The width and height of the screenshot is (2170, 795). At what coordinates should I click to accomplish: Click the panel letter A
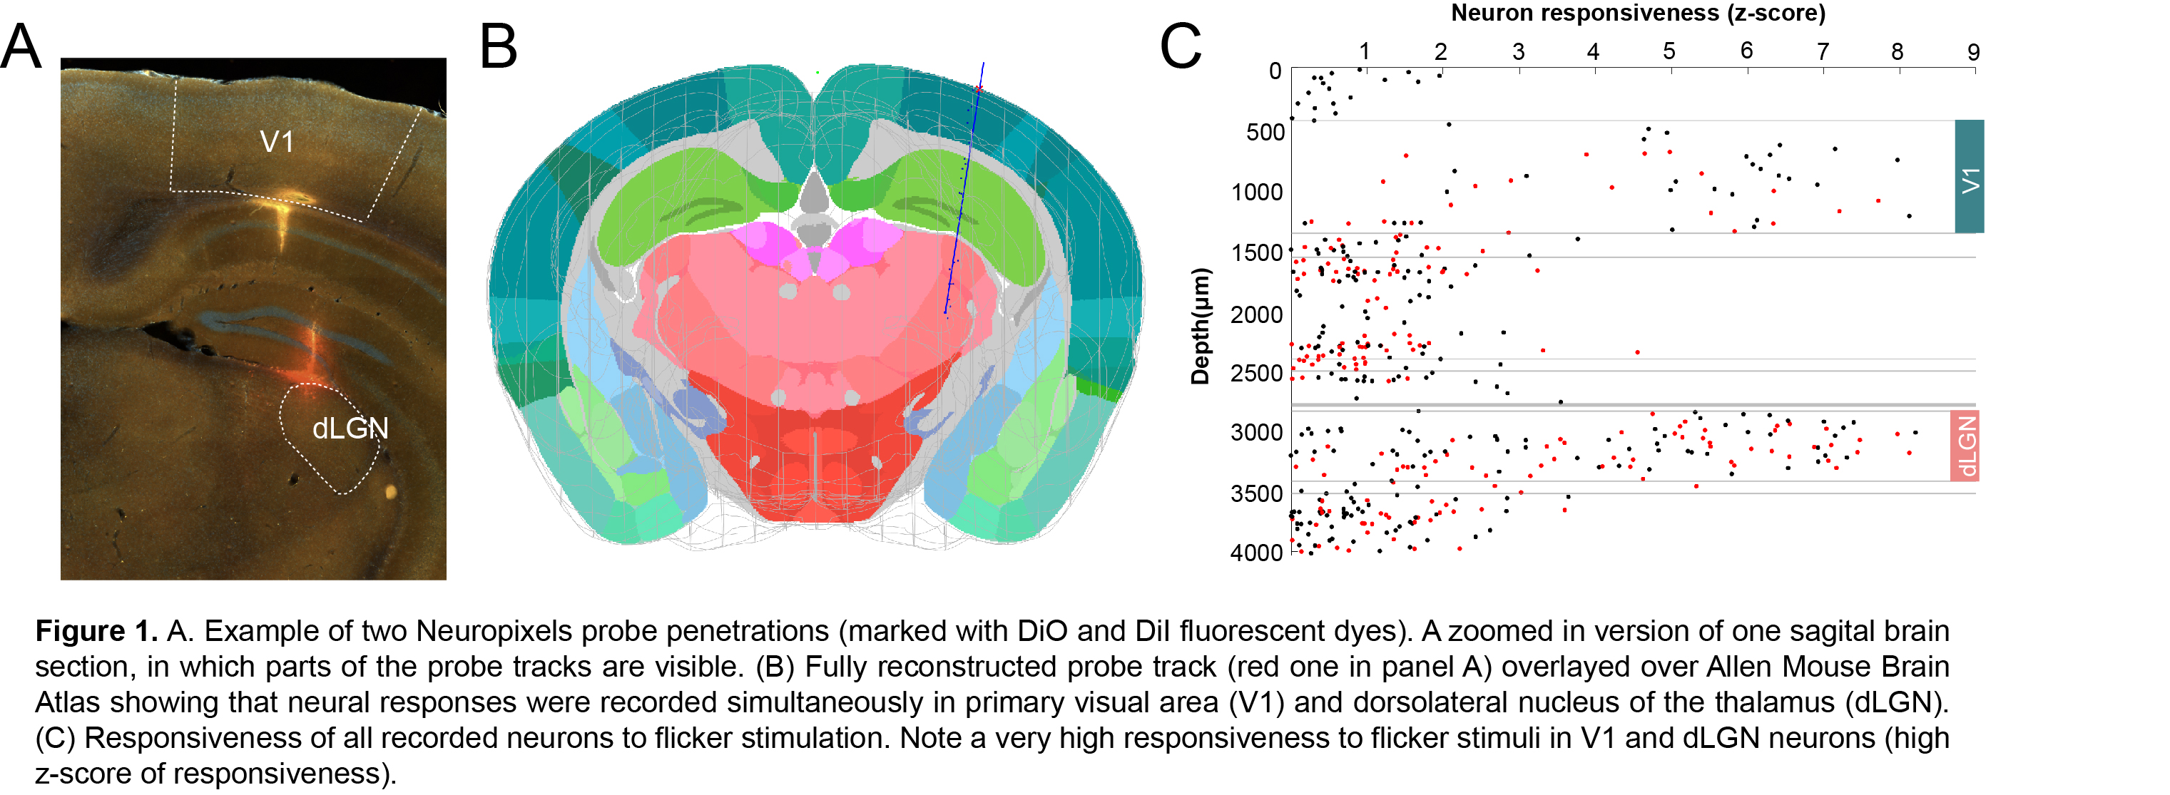[x=21, y=46]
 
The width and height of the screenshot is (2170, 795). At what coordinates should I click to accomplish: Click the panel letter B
[x=498, y=46]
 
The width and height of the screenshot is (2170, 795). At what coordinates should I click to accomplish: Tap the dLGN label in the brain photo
[x=350, y=429]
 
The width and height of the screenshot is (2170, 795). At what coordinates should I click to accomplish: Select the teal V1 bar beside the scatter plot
[x=1969, y=176]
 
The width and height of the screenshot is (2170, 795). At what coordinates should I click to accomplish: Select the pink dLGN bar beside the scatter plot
[x=1964, y=446]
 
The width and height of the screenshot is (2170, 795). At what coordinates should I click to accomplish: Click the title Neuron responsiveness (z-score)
[x=1638, y=14]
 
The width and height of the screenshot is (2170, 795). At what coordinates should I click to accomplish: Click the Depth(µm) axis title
[x=1201, y=326]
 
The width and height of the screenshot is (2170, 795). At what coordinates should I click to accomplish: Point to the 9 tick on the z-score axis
[x=1973, y=52]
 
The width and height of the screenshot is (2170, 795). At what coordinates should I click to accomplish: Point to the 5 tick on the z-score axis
[x=1669, y=52]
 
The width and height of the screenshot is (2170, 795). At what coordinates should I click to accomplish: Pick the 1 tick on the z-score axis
[x=1364, y=52]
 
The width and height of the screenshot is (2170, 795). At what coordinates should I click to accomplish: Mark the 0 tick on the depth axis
[x=1275, y=71]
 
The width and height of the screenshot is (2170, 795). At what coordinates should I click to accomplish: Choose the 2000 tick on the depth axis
[x=1257, y=315]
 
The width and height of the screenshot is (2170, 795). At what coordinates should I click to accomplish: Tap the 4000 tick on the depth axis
[x=1257, y=553]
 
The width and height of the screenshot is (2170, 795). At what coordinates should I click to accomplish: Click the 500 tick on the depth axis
[x=1265, y=132]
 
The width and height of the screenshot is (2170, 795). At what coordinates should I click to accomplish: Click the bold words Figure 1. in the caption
[x=96, y=631]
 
